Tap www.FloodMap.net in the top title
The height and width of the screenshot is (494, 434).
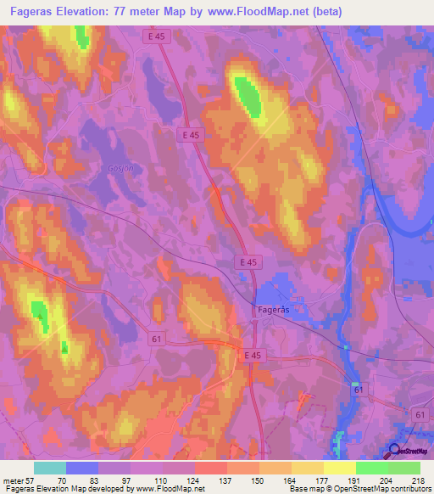(269, 12)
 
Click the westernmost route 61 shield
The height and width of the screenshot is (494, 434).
(156, 340)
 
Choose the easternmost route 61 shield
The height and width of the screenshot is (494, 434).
(421, 413)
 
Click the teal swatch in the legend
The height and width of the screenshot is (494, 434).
(50, 468)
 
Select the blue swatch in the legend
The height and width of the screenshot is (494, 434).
(82, 468)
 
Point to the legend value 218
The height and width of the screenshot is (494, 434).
(419, 480)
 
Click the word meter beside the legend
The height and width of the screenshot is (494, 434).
(15, 480)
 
